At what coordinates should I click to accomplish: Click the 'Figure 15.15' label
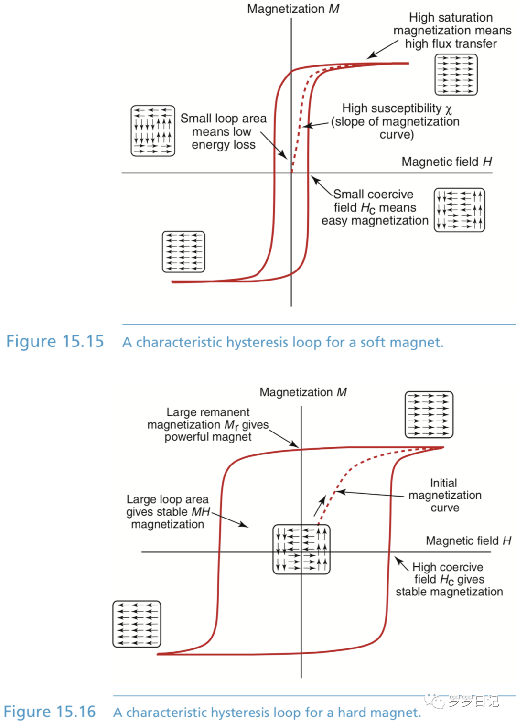tap(55, 342)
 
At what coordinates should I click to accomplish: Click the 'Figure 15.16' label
tap(50, 712)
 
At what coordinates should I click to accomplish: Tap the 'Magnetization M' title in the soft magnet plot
tap(293, 9)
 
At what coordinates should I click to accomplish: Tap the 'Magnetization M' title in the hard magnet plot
tap(303, 392)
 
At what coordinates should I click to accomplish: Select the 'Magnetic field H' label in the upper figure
tap(446, 162)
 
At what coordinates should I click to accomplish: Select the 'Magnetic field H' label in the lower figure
tap(468, 541)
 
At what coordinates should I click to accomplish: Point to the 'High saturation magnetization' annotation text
tap(451, 31)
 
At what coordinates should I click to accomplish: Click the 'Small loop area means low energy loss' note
tap(223, 131)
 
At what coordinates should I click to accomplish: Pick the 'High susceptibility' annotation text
tap(396, 121)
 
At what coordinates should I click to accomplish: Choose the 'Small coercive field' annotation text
tap(374, 207)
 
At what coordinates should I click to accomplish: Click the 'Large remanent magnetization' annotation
tap(208, 424)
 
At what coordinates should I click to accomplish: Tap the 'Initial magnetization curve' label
tap(444, 495)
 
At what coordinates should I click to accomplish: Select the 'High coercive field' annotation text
tap(449, 579)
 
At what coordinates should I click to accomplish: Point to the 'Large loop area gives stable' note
tap(168, 512)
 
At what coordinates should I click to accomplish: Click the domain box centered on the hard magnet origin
tap(301, 549)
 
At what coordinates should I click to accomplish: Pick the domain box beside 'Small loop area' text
tap(153, 131)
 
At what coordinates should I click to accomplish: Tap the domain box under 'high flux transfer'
tap(456, 75)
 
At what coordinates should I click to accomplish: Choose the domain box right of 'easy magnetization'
tap(459, 210)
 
